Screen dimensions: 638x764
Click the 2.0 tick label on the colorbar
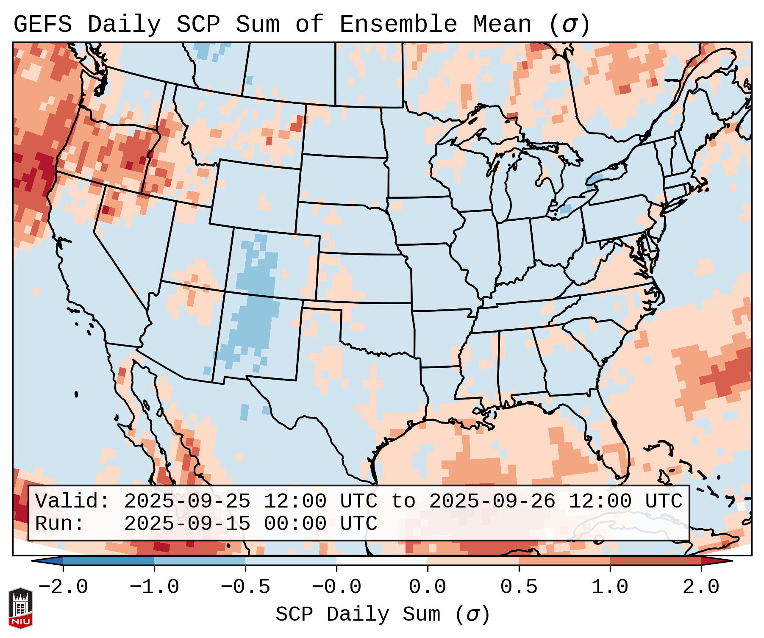point(701,587)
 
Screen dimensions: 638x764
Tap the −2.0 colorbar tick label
point(63,587)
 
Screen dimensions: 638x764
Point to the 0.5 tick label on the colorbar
point(519,587)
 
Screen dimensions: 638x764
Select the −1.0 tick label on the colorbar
point(154,587)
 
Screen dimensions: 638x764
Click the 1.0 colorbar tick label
point(610,587)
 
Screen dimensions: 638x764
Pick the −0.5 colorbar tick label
point(245,587)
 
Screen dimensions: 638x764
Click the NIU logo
point(20,607)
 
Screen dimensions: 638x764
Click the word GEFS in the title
point(42,25)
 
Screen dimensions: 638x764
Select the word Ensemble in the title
point(398,25)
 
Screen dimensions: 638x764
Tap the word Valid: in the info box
point(72,501)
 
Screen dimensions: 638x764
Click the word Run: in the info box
point(60,524)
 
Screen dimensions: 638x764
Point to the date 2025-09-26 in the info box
point(492,501)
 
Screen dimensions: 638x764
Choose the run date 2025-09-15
point(187,524)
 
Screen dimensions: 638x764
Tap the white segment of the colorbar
point(382,561)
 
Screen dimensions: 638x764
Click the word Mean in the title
point(502,25)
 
